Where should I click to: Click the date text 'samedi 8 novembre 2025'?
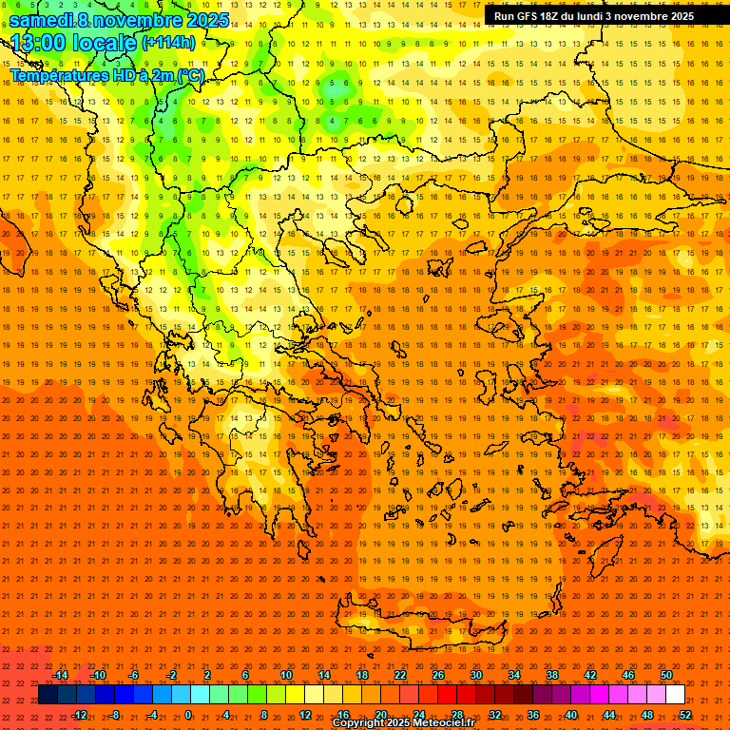click(x=119, y=20)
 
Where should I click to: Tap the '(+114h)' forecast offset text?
click(x=169, y=43)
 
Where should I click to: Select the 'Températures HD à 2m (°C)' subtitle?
click(x=107, y=75)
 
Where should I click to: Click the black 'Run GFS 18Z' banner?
click(x=593, y=16)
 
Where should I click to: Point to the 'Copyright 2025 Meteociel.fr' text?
click(x=416, y=723)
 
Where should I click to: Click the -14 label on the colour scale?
click(x=61, y=675)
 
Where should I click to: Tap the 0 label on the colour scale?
click(x=188, y=715)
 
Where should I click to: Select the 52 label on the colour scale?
click(x=685, y=715)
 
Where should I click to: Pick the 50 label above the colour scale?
click(x=666, y=675)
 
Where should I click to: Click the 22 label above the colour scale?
click(x=400, y=675)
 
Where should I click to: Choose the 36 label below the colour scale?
click(x=533, y=715)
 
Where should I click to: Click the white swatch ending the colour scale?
click(x=675, y=695)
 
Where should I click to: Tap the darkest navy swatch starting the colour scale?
click(x=48, y=695)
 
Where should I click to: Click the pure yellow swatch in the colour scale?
click(x=295, y=695)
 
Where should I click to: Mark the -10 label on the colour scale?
click(x=98, y=675)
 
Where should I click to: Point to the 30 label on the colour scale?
click(x=476, y=675)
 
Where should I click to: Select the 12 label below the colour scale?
click(x=305, y=715)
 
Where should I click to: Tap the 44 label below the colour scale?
click(x=609, y=715)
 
